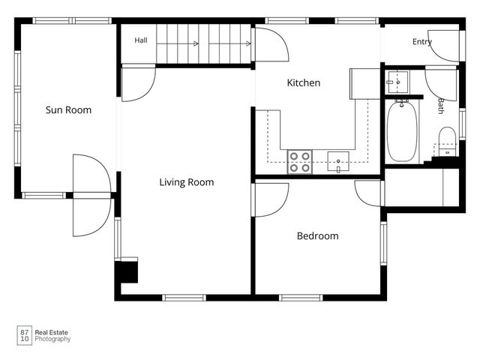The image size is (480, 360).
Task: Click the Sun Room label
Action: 68,110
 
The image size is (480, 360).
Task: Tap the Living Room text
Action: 187,182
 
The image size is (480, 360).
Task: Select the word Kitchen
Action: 303,82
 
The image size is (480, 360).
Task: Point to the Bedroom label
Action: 318,235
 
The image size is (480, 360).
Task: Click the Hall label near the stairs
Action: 141,40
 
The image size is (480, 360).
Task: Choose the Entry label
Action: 422,42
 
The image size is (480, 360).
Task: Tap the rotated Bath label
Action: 441,106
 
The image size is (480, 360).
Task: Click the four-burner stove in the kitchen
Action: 300,162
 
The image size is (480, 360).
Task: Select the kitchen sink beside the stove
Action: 338,161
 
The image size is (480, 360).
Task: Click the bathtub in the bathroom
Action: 402,132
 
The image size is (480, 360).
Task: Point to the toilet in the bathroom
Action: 447,142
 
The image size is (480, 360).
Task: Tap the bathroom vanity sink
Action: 398,82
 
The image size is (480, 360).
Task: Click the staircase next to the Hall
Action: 203,43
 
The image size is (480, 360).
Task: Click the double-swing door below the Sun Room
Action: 91,195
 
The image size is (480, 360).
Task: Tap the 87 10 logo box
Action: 25,335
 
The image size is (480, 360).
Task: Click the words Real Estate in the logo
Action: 52,332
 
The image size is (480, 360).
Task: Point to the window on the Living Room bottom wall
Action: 184,298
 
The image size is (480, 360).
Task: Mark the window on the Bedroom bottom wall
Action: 301,298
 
